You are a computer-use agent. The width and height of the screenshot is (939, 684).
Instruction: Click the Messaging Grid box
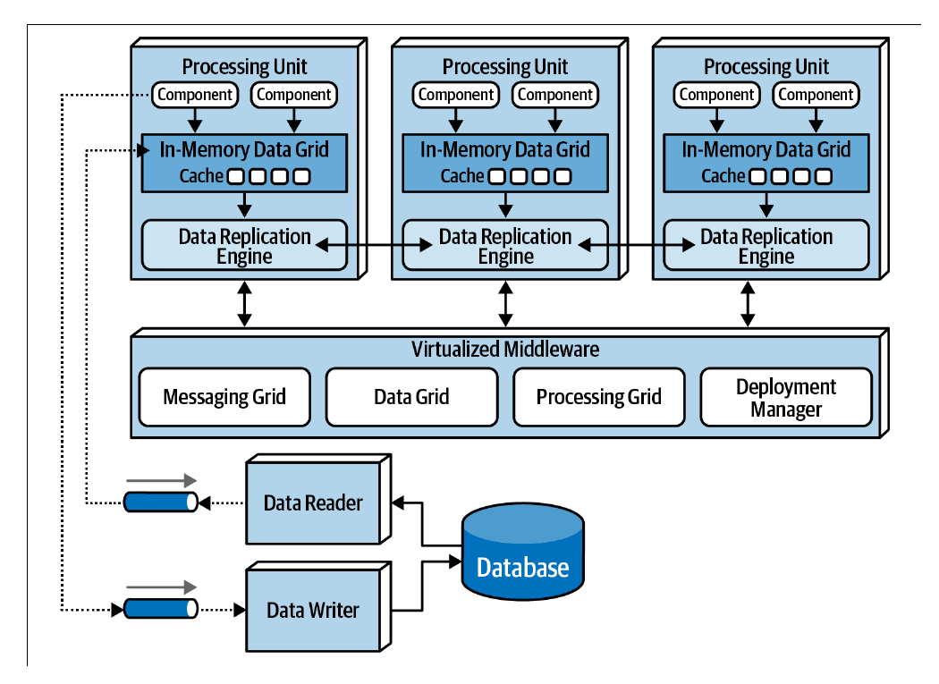pyautogui.click(x=224, y=397)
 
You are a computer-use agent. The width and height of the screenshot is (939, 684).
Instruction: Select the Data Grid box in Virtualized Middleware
pyautogui.click(x=411, y=397)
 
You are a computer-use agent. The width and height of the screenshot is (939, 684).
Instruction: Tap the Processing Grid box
pyautogui.click(x=599, y=397)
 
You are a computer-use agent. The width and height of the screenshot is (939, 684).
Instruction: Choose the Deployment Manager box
pyautogui.click(x=786, y=397)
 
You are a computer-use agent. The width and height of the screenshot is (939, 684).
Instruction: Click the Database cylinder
pyautogui.click(x=523, y=552)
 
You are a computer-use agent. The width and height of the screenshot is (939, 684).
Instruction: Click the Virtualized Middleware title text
pyautogui.click(x=505, y=350)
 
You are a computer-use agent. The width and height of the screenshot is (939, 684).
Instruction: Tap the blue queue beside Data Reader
pyautogui.click(x=160, y=502)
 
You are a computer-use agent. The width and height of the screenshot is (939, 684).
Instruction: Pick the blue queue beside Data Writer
pyautogui.click(x=160, y=609)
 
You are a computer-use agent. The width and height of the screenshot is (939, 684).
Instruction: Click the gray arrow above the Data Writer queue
pyautogui.click(x=161, y=587)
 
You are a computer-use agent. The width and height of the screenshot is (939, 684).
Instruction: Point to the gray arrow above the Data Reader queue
pyautogui.click(x=161, y=480)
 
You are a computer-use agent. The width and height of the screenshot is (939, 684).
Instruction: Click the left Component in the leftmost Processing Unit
pyautogui.click(x=195, y=95)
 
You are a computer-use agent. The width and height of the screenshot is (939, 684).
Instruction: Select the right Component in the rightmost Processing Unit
pyautogui.click(x=816, y=95)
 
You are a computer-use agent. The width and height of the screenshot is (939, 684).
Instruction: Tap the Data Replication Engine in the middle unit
pyautogui.click(x=505, y=246)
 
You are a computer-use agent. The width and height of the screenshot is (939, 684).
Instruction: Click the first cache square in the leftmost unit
pyautogui.click(x=237, y=177)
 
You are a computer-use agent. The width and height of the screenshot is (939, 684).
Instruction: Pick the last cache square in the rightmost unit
pyautogui.click(x=824, y=177)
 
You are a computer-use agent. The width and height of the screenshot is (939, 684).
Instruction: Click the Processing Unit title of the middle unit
pyautogui.click(x=505, y=66)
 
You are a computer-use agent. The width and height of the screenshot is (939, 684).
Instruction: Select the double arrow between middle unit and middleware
pyautogui.click(x=505, y=304)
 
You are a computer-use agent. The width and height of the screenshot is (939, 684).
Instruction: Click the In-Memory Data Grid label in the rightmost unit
pyautogui.click(x=766, y=149)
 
